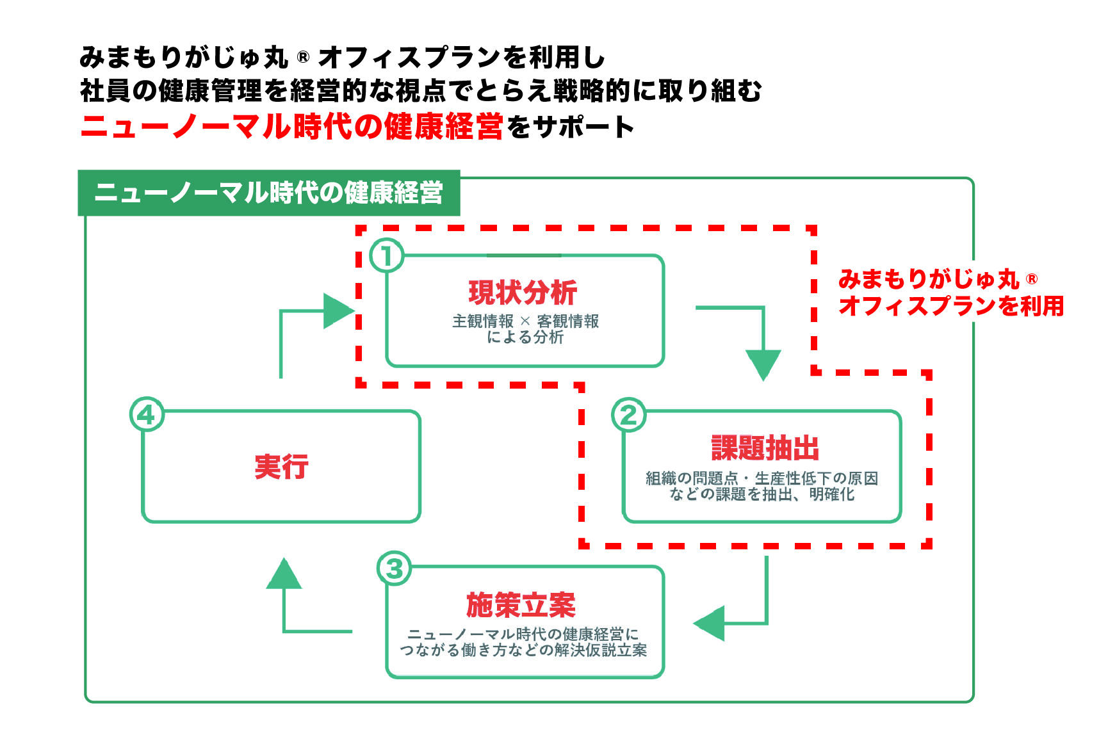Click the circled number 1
[387, 256]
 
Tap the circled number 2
[629, 416]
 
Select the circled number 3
[394, 569]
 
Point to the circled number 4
[147, 415]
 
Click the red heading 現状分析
[523, 293]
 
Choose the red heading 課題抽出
[765, 448]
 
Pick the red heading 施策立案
[521, 605]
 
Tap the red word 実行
[281, 467]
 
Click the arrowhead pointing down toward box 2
[763, 364]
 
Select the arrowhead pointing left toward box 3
[710, 623]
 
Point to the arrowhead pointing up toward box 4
[284, 574]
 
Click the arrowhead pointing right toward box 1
[338, 311]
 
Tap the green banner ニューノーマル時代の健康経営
[269, 193]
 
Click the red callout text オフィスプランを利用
[951, 306]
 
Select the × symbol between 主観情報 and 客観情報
[525, 321]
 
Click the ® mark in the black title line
[303, 58]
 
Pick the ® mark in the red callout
[1032, 279]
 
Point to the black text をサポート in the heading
[570, 127]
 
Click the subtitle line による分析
[525, 337]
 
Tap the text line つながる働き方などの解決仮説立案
[523, 650]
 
